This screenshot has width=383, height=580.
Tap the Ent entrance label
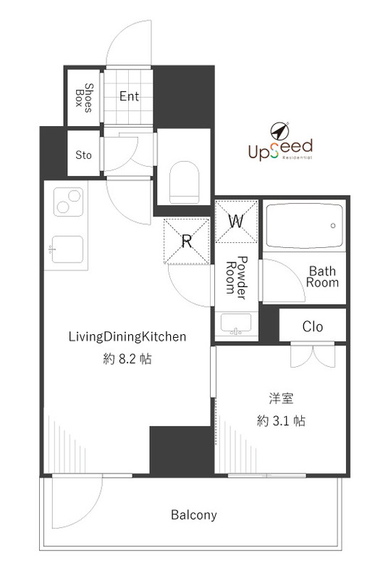tap(129, 96)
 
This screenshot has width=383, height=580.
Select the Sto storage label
tap(84, 154)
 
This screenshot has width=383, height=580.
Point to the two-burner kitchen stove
tap(66, 202)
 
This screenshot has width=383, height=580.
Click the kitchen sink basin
tap(67, 251)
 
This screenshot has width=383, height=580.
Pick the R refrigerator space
tap(185, 241)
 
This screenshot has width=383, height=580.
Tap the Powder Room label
tap(237, 278)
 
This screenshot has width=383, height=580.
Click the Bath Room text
tap(322, 277)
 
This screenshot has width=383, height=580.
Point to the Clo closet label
tap(313, 326)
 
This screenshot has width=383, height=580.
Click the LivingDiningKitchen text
tap(128, 336)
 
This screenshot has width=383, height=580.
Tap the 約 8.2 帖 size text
tap(128, 359)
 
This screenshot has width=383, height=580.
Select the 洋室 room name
tap(280, 398)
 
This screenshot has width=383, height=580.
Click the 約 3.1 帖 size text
tap(280, 420)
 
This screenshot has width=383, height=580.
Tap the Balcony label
tap(193, 515)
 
